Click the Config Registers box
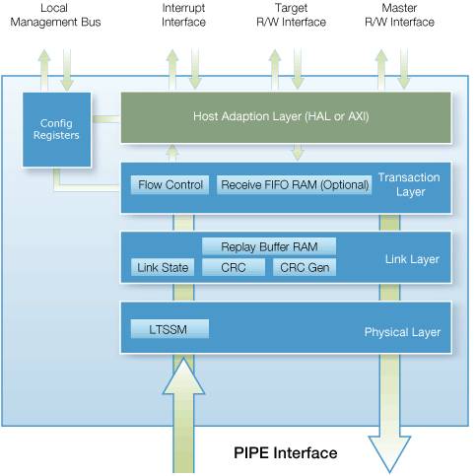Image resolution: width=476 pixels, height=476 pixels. coord(56,129)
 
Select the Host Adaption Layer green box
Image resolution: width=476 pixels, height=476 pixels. coord(286,117)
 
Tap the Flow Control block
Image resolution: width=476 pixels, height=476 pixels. coord(170,185)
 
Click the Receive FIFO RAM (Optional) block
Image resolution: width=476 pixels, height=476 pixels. coord(295,185)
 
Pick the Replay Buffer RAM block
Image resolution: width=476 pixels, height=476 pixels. coord(269,246)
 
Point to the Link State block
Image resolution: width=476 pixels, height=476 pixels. coord(163,267)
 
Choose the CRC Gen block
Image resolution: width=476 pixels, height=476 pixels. coord(305,267)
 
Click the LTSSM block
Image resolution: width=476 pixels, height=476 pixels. coord(170,329)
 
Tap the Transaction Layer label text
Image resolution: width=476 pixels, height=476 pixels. coord(409,184)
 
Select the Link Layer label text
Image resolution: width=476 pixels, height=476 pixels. coord(412,259)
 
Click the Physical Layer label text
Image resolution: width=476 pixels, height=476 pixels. coord(402,332)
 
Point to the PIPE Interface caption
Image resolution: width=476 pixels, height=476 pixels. coord(286,452)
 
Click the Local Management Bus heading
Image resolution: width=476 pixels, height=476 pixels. coord(55,15)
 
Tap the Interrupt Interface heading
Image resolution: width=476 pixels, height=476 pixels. coord(183,15)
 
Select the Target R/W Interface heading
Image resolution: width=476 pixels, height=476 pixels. coord(291,15)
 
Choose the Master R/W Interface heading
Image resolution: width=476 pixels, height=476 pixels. coord(399,15)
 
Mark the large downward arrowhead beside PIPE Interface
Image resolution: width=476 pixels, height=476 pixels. coord(389,453)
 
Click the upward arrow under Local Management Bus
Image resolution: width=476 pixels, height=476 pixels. coord(44,70)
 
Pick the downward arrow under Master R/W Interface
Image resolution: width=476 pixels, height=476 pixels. coord(404,69)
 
